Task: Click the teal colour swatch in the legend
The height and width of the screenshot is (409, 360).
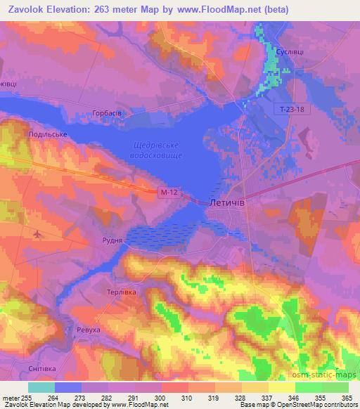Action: coord(41,387)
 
